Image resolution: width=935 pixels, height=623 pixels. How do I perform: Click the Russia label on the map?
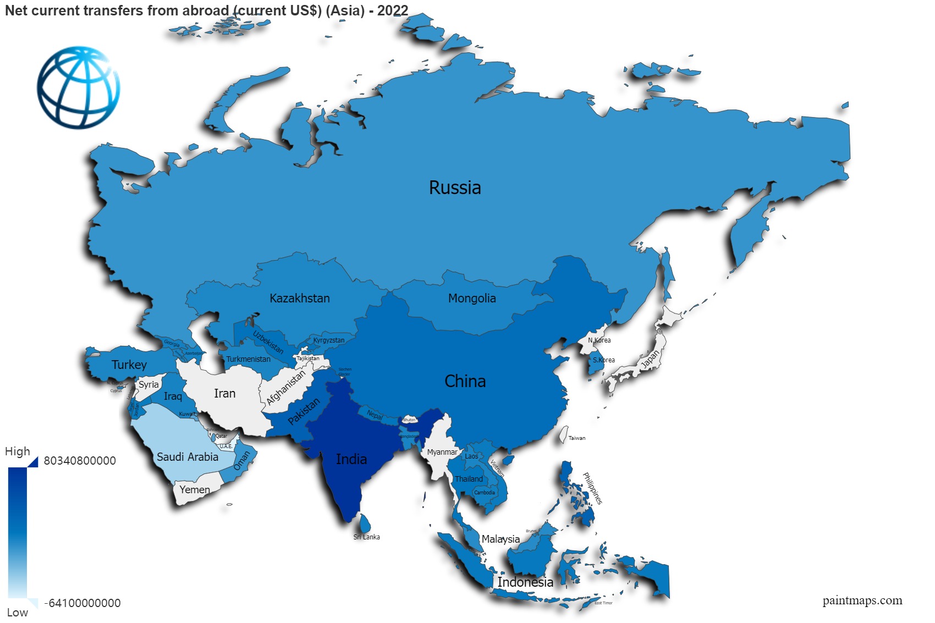pyautogui.click(x=455, y=188)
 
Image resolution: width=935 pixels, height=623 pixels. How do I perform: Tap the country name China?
pyautogui.click(x=465, y=381)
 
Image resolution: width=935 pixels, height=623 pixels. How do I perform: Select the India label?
pyautogui.click(x=351, y=459)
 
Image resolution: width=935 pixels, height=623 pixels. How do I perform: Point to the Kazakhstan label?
pyautogui.click(x=300, y=299)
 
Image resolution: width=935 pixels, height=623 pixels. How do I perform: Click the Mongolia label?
pyautogui.click(x=472, y=299)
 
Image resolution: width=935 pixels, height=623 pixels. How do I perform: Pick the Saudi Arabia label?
pyautogui.click(x=188, y=457)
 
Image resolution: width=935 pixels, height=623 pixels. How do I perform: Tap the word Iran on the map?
pyautogui.click(x=224, y=394)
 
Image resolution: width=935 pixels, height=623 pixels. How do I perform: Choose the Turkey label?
pyautogui.click(x=129, y=365)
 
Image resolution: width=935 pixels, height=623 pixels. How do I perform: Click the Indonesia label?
pyautogui.click(x=525, y=582)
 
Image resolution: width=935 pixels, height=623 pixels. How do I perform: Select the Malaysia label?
pyautogui.click(x=501, y=539)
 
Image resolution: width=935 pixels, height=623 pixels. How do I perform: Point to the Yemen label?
pyautogui.click(x=195, y=490)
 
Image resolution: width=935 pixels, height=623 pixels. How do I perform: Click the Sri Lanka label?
pyautogui.click(x=367, y=537)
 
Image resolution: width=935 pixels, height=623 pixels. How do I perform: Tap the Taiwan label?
pyautogui.click(x=577, y=438)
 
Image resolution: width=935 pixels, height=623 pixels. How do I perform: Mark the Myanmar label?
pyautogui.click(x=442, y=453)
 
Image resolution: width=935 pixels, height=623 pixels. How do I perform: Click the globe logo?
pyautogui.click(x=79, y=87)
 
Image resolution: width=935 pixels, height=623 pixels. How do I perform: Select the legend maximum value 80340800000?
pyautogui.click(x=80, y=461)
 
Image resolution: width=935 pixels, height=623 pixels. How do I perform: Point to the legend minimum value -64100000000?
pyautogui.click(x=82, y=603)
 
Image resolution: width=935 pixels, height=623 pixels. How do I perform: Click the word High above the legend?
pyautogui.click(x=18, y=451)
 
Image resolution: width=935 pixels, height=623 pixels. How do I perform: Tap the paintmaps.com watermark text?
pyautogui.click(x=862, y=600)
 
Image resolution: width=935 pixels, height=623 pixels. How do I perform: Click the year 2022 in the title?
pyautogui.click(x=393, y=10)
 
